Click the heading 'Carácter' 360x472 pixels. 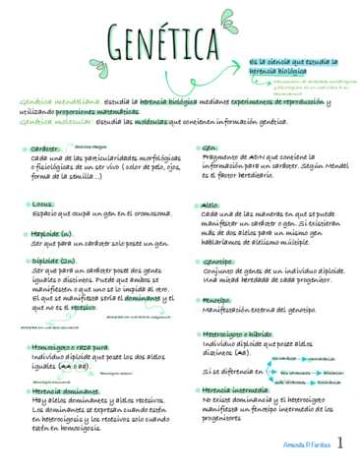[x=45, y=147]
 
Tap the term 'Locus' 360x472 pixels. [x=43, y=205]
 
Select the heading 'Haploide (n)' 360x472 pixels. [x=51, y=233]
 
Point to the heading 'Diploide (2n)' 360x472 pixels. [x=54, y=261]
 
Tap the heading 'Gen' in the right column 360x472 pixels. [x=209, y=147]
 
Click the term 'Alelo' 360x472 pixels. [x=210, y=205]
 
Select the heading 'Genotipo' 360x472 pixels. [x=217, y=262]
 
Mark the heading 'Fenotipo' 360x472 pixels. [x=216, y=299]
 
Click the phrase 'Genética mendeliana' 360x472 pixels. [x=57, y=101]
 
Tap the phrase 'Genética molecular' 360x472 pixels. [x=56, y=121]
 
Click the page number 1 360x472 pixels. [x=339, y=444]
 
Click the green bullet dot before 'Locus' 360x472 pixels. [x=26, y=205]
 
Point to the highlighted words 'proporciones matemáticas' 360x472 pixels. [x=82, y=111]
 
